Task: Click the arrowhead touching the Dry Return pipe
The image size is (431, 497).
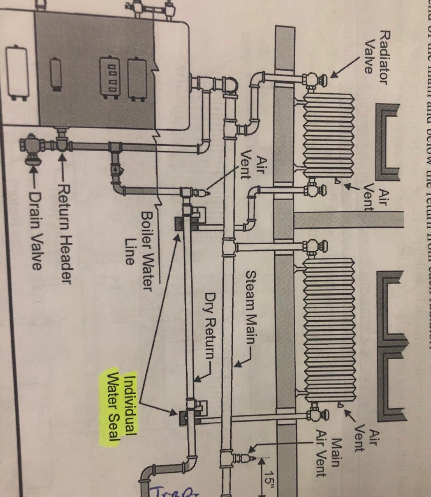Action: (x=197, y=379)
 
